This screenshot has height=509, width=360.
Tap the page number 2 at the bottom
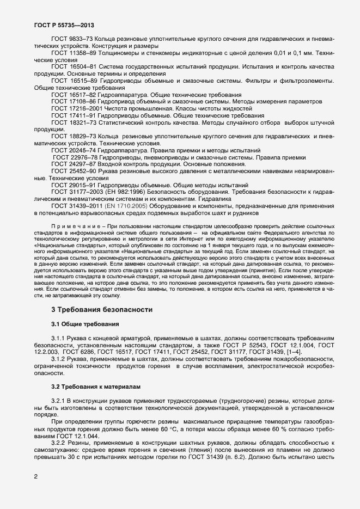point(36,477)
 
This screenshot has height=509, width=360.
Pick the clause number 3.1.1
point(59,339)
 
